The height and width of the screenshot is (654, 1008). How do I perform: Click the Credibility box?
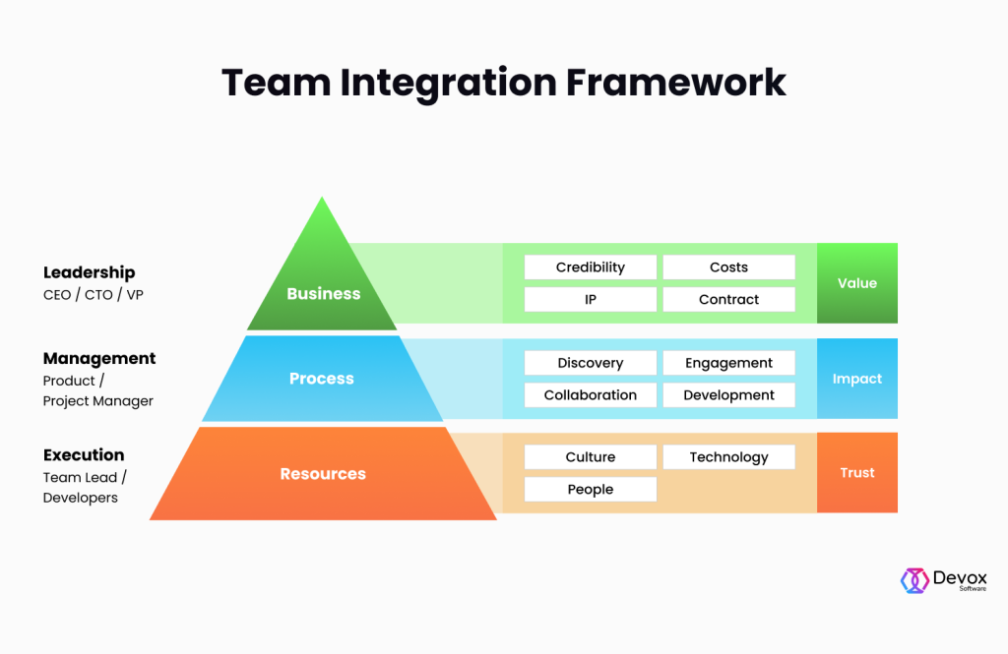click(x=590, y=268)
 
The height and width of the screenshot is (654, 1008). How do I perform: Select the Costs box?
click(x=728, y=268)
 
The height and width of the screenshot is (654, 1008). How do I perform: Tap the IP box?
click(x=590, y=299)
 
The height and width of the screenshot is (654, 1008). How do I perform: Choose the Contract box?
click(x=728, y=299)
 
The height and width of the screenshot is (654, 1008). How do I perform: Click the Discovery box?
click(x=590, y=363)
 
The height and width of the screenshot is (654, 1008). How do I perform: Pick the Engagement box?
click(x=728, y=363)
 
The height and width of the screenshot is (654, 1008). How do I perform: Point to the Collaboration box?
click(x=590, y=394)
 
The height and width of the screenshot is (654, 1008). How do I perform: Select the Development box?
click(x=728, y=394)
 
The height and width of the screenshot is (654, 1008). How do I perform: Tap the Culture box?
click(x=590, y=457)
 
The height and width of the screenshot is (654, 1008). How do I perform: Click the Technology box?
click(x=728, y=457)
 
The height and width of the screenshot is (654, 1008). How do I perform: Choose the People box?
click(x=590, y=489)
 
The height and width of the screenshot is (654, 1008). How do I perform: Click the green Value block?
click(x=856, y=283)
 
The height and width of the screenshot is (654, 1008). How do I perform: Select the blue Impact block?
click(x=856, y=379)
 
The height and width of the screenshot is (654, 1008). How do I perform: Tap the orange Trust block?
click(x=856, y=473)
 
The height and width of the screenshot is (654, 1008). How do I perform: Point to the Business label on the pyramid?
click(x=323, y=294)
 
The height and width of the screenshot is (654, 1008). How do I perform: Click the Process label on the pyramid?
click(x=322, y=379)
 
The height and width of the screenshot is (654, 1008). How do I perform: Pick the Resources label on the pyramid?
click(x=323, y=474)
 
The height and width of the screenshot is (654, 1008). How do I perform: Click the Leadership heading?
click(x=90, y=272)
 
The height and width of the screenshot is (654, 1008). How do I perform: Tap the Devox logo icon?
click(x=914, y=580)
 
